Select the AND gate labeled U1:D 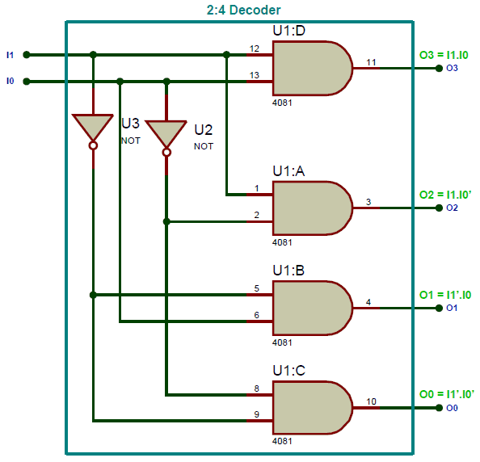[310, 69]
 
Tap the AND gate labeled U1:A [310, 208]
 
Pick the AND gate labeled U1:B [310, 308]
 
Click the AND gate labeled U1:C [310, 408]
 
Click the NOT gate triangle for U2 [166, 133]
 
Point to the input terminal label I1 [10, 55]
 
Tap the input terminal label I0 [10, 81]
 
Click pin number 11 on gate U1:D [371, 62]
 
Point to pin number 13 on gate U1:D [255, 75]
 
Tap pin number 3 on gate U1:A [368, 202]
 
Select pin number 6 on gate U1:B [256, 314]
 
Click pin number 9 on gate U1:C [256, 414]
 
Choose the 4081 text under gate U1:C [282, 442]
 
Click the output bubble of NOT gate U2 [166, 152]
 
